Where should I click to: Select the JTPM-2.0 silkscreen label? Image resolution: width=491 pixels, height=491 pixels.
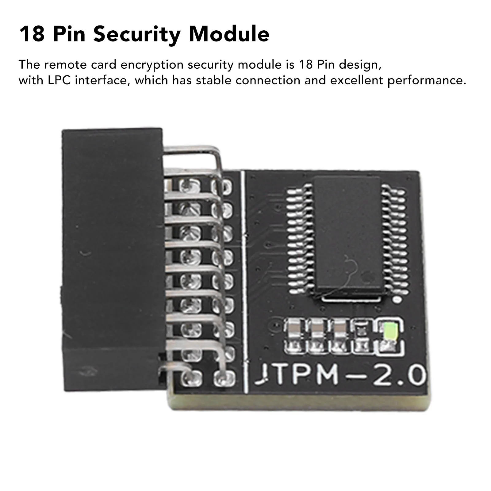point(340,375)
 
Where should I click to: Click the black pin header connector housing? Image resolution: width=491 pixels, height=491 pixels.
point(112,258)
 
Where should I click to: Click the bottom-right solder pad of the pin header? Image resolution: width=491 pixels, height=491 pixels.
point(224,378)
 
